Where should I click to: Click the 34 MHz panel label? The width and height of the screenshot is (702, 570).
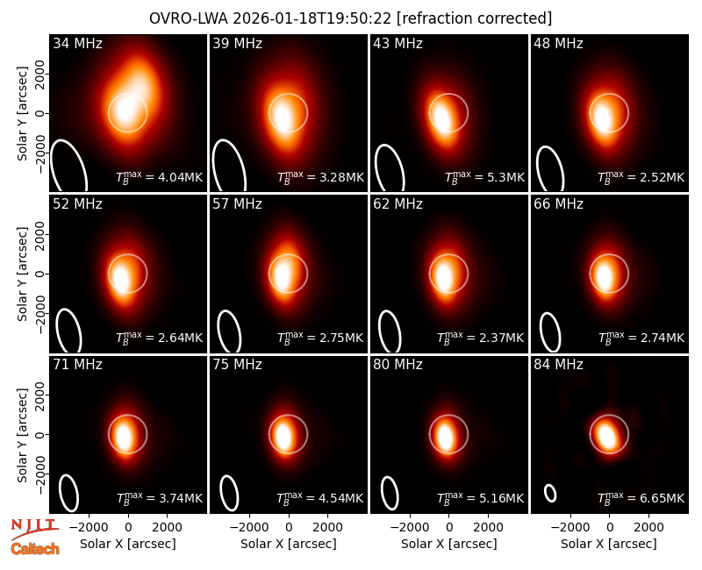(77, 43)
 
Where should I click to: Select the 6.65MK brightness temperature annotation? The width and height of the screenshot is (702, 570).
(641, 497)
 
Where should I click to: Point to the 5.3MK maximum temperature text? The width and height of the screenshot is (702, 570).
(484, 176)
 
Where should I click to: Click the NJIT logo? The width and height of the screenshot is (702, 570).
(34, 529)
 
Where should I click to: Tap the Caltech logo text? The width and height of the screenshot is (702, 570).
(35, 549)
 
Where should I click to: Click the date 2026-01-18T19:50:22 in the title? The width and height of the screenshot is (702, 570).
(312, 18)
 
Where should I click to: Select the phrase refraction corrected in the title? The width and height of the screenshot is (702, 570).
(474, 18)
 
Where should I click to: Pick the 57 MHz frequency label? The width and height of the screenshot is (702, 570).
(237, 204)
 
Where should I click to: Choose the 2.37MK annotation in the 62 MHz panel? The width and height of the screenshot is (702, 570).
(480, 337)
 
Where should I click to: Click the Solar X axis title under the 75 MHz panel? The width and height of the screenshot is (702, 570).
(289, 544)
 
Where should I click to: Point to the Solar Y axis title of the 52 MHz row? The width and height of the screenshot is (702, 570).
(22, 274)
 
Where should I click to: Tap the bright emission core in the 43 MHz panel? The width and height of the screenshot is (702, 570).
(441, 118)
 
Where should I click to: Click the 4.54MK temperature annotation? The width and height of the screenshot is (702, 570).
(319, 497)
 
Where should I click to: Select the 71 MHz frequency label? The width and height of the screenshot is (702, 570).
(77, 365)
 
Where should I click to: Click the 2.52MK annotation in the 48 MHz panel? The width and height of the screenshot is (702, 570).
(641, 176)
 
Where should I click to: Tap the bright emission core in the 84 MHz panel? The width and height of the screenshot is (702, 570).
(607, 434)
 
